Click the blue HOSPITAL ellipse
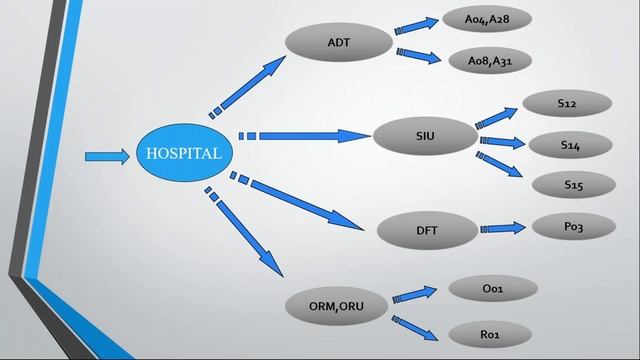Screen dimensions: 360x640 point(184,154)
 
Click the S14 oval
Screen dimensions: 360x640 point(570,146)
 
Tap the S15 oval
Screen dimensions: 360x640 point(572,184)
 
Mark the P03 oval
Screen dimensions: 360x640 point(573,227)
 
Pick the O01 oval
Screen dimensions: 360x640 point(492,289)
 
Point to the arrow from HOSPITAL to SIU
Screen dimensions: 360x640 point(305,135)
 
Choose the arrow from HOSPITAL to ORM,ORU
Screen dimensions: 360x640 point(250,235)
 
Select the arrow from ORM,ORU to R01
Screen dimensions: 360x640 point(415,326)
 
